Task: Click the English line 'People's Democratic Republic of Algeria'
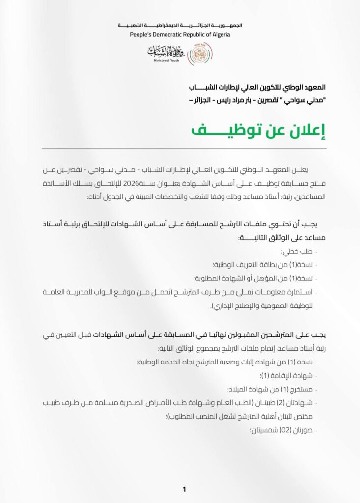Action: tap(180, 35)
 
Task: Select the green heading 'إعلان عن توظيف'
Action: tap(257, 130)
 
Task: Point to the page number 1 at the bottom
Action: tap(184, 489)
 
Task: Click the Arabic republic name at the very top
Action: tap(180, 25)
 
